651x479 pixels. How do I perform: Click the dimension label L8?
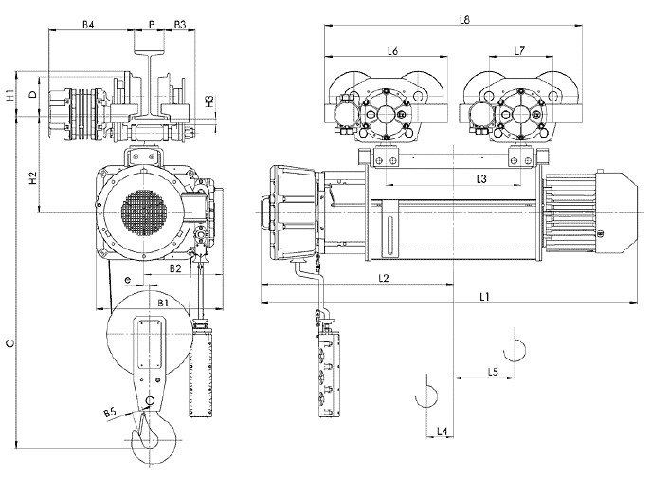click(464, 18)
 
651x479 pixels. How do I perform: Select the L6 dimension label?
click(392, 50)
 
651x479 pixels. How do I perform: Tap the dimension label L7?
click(518, 50)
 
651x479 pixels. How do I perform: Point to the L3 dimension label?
click(481, 177)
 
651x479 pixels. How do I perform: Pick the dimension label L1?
click(482, 296)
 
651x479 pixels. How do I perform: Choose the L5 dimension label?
click(493, 371)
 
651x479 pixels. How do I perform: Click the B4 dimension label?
click(87, 23)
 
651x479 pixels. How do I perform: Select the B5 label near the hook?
click(111, 412)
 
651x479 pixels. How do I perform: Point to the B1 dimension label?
click(163, 302)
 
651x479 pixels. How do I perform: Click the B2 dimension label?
click(174, 269)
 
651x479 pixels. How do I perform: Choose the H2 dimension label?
click(31, 178)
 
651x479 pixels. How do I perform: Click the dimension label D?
click(32, 95)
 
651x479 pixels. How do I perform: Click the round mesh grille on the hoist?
click(139, 213)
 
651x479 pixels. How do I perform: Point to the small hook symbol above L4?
click(426, 391)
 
